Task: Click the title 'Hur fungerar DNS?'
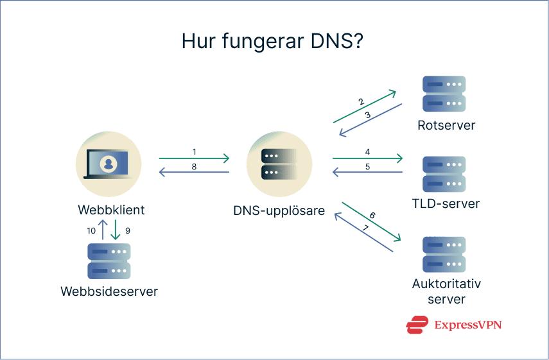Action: [x=274, y=42]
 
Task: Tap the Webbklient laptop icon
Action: [x=108, y=164]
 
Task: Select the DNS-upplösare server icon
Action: [x=279, y=164]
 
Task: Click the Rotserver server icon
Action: [x=444, y=94]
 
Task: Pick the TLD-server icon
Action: [x=444, y=174]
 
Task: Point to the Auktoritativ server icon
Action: [x=444, y=254]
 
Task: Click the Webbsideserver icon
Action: [x=109, y=261]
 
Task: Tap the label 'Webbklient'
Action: [x=111, y=210]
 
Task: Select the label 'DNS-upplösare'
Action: [x=279, y=210]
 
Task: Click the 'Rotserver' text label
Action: [x=445, y=125]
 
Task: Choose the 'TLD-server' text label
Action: [x=446, y=205]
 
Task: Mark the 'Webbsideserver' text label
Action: [x=109, y=291]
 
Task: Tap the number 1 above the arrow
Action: [x=195, y=152]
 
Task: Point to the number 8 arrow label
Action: [x=195, y=167]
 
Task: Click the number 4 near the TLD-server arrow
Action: [x=367, y=152]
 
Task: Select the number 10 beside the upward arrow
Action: [x=92, y=230]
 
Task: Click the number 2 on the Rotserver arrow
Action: [x=362, y=101]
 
